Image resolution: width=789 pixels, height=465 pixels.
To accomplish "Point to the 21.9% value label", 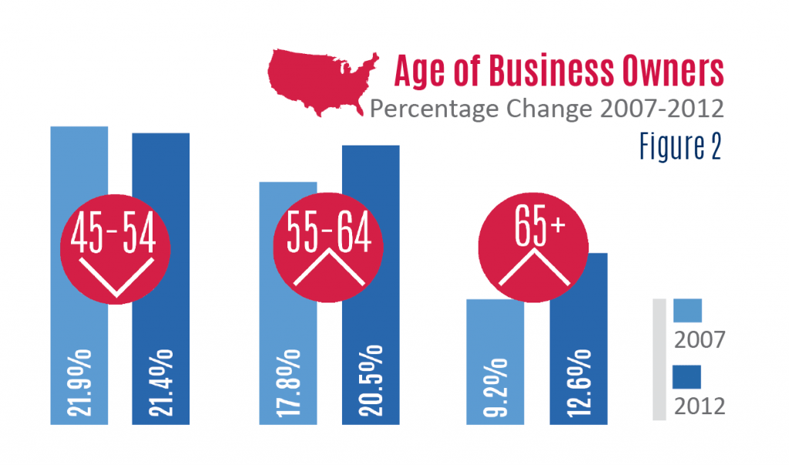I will (79, 382).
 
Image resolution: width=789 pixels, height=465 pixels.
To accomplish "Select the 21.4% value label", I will (161, 382).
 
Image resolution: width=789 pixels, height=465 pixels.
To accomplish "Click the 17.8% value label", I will (289, 382).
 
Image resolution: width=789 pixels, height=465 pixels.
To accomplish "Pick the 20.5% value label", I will (371, 382).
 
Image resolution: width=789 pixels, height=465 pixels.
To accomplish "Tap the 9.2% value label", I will (495, 387).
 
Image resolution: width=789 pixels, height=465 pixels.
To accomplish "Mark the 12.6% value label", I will (578, 382).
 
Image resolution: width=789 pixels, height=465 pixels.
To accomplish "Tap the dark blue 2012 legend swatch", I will (687, 377).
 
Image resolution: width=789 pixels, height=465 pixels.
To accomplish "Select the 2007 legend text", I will (699, 339).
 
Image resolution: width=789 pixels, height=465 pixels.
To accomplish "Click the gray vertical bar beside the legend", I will (659, 359).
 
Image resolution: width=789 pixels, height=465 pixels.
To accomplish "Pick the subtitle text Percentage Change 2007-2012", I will (546, 109).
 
